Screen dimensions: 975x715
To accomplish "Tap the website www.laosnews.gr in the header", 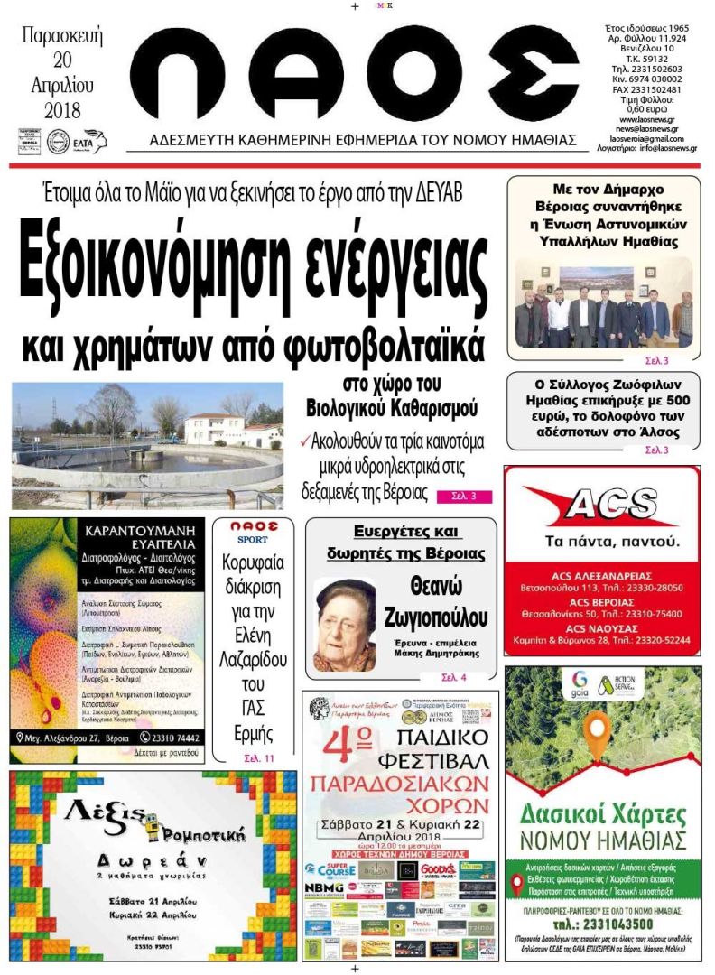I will (648, 119).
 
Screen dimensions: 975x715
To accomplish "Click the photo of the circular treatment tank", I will (147, 446).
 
